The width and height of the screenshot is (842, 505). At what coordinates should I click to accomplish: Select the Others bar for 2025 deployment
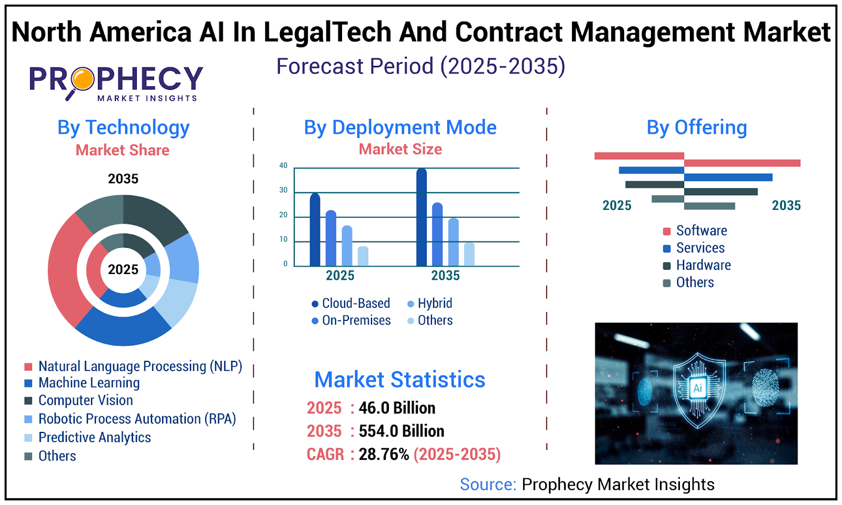(x=363, y=256)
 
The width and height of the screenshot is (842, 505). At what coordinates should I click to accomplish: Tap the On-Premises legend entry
(x=351, y=320)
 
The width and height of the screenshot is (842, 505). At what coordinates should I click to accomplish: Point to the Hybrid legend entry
(x=430, y=304)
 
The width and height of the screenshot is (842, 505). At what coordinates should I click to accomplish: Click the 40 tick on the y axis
(x=283, y=166)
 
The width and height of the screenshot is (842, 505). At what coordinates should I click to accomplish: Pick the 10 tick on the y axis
(x=283, y=239)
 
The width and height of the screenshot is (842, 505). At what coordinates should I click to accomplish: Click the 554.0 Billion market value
(x=401, y=431)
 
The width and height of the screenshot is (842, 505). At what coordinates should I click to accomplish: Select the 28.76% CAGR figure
(x=384, y=454)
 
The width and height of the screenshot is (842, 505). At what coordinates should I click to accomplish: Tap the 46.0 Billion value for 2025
(x=397, y=408)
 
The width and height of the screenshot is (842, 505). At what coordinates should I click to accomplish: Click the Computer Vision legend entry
(x=85, y=401)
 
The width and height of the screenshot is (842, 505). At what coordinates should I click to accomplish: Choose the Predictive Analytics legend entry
(x=94, y=438)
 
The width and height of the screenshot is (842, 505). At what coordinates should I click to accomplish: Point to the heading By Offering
(x=696, y=128)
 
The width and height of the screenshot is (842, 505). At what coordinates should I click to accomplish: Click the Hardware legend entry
(x=703, y=265)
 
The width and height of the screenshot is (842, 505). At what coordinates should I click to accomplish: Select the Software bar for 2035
(x=742, y=163)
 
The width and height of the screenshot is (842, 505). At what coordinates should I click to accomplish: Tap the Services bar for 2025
(x=651, y=170)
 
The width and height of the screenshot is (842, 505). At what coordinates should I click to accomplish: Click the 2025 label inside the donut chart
(x=123, y=270)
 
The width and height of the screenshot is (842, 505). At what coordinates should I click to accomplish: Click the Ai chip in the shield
(x=697, y=388)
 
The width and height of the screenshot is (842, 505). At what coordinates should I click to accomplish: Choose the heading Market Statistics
(x=399, y=380)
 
